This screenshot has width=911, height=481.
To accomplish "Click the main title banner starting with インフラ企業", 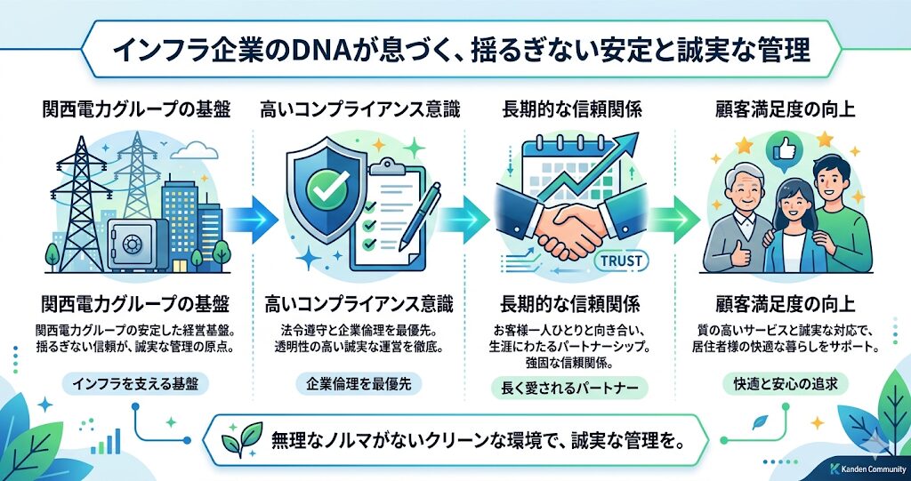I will point(455,49).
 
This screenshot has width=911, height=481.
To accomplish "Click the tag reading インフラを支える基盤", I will point(136,384).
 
